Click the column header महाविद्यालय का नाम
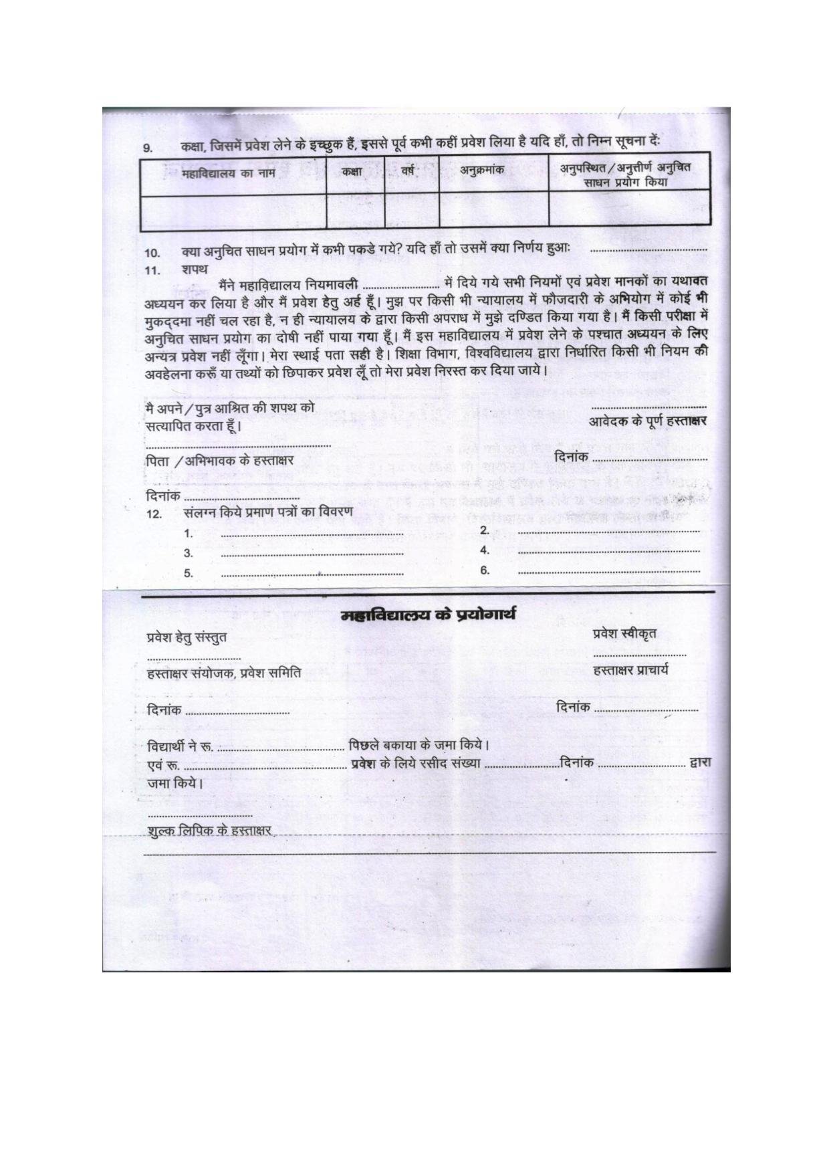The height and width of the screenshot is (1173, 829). click(224, 175)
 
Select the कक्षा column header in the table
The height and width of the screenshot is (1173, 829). click(352, 172)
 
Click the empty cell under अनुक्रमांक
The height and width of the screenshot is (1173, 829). click(493, 209)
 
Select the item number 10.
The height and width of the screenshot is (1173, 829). click(152, 253)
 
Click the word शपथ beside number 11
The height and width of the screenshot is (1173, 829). click(195, 270)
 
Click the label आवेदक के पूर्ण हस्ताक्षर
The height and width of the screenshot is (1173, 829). click(647, 421)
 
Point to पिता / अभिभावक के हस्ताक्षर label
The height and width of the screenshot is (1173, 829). click(220, 461)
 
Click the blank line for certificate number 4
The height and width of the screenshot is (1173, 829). click(608, 552)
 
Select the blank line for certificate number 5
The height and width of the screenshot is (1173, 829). click(312, 574)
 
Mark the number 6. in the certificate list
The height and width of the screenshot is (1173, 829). click(485, 570)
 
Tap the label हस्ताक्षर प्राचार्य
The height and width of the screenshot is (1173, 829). click(630, 670)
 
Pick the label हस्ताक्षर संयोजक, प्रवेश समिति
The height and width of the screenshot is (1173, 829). click(224, 673)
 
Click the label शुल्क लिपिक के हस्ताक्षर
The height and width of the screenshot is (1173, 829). click(209, 831)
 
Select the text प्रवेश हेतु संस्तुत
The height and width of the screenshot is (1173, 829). click(187, 637)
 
